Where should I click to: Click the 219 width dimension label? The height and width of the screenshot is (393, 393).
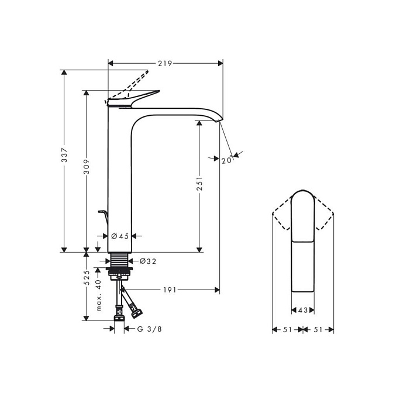pyautogui.click(x=165, y=63)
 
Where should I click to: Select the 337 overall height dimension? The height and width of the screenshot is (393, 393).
pyautogui.click(x=65, y=155)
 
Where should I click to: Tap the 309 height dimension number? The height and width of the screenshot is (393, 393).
pyautogui.click(x=87, y=166)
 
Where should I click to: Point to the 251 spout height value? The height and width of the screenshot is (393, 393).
pyautogui.click(x=199, y=184)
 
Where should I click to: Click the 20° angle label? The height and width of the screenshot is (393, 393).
pyautogui.click(x=227, y=160)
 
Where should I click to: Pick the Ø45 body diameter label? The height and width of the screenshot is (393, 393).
pyautogui.click(x=120, y=236)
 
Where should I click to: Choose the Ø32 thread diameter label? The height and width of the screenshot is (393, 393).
pyautogui.click(x=148, y=261)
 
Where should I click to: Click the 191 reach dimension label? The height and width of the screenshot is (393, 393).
pyautogui.click(x=170, y=290)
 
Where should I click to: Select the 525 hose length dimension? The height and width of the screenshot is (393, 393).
pyautogui.click(x=87, y=277)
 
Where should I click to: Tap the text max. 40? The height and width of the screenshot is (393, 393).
pyautogui.click(x=99, y=295)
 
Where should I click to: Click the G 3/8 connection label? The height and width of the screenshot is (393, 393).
pyautogui.click(x=149, y=329)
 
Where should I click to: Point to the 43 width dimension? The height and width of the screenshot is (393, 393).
pyautogui.click(x=303, y=311)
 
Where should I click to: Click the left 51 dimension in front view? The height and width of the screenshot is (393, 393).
pyautogui.click(x=288, y=330)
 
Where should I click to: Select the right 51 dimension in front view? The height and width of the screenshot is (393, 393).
pyautogui.click(x=318, y=330)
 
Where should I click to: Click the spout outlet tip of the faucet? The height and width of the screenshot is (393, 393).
pyautogui.click(x=218, y=122)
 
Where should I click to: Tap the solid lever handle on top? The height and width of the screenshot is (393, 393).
pyautogui.click(x=133, y=99)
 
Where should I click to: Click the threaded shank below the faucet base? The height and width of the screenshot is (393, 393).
pyautogui.click(x=120, y=260)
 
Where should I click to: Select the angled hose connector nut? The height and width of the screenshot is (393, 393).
pyautogui.click(x=137, y=313)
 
